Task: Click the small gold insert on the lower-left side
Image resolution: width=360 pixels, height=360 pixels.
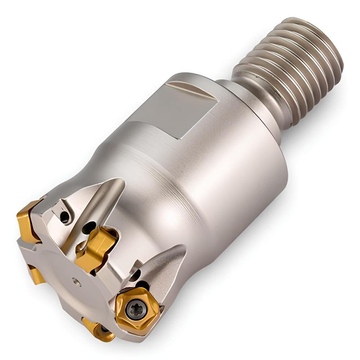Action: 36,274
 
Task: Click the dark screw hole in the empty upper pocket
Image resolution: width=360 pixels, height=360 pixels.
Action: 64,217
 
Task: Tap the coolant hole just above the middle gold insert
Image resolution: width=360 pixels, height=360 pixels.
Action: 89,227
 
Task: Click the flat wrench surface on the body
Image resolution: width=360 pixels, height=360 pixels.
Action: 173,108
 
